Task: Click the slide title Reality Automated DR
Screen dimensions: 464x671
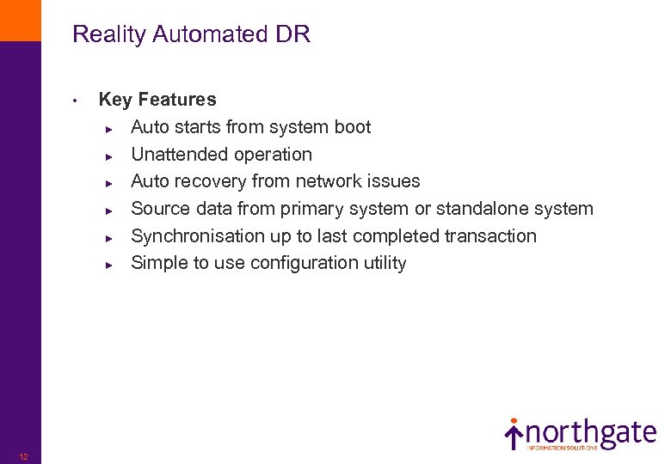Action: [191, 34]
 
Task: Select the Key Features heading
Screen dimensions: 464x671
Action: [157, 100]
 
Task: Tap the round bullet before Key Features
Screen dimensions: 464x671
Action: [77, 101]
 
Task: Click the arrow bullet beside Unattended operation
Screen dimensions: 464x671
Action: [109, 156]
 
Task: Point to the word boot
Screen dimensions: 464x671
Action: [353, 127]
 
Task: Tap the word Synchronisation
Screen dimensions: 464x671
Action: [199, 236]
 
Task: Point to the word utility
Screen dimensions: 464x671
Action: [386, 263]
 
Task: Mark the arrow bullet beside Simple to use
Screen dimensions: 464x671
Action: [109, 265]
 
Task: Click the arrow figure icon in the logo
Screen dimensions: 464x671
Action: [514, 433]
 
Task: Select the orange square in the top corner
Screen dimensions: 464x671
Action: [20, 20]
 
